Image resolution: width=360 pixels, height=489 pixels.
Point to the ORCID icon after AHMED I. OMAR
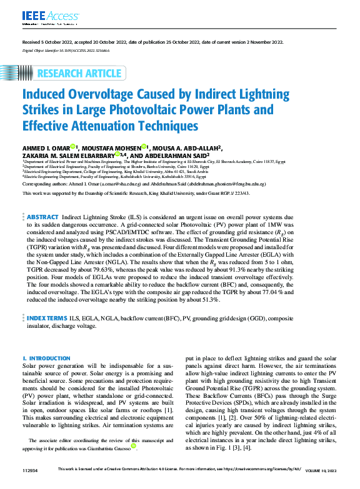coord(72,147)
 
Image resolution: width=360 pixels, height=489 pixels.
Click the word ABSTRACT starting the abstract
coord(42,216)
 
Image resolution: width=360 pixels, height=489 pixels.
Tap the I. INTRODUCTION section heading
coord(47,358)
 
